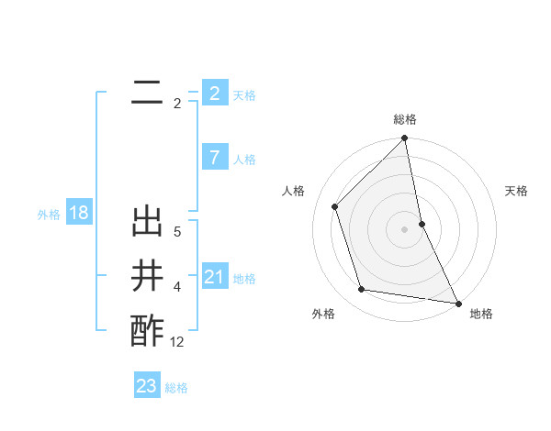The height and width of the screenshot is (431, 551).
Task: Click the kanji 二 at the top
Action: [147, 93]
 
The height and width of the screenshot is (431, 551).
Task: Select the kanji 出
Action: [147, 223]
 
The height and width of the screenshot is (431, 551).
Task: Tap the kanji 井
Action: [147, 276]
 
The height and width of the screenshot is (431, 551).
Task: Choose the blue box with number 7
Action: [214, 158]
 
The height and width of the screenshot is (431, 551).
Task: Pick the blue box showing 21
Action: [214, 277]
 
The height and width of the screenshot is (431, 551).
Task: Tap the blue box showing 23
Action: [147, 386]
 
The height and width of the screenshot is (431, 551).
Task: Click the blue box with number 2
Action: [214, 93]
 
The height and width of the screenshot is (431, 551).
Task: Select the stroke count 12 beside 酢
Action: [177, 342]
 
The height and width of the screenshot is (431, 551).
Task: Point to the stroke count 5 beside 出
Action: [177, 233]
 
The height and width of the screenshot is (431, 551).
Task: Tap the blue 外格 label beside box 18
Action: [49, 215]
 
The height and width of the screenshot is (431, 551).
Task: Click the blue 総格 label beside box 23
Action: [176, 388]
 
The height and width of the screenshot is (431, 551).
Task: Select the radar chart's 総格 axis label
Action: [405, 119]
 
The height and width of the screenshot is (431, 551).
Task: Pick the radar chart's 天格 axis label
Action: [517, 191]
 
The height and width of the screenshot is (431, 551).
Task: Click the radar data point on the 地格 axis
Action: [457, 303]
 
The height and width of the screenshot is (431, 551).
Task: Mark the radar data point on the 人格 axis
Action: [335, 206]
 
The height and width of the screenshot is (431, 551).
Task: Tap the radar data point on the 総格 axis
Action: [405, 139]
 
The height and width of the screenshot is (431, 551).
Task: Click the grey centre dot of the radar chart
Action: [405, 228]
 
